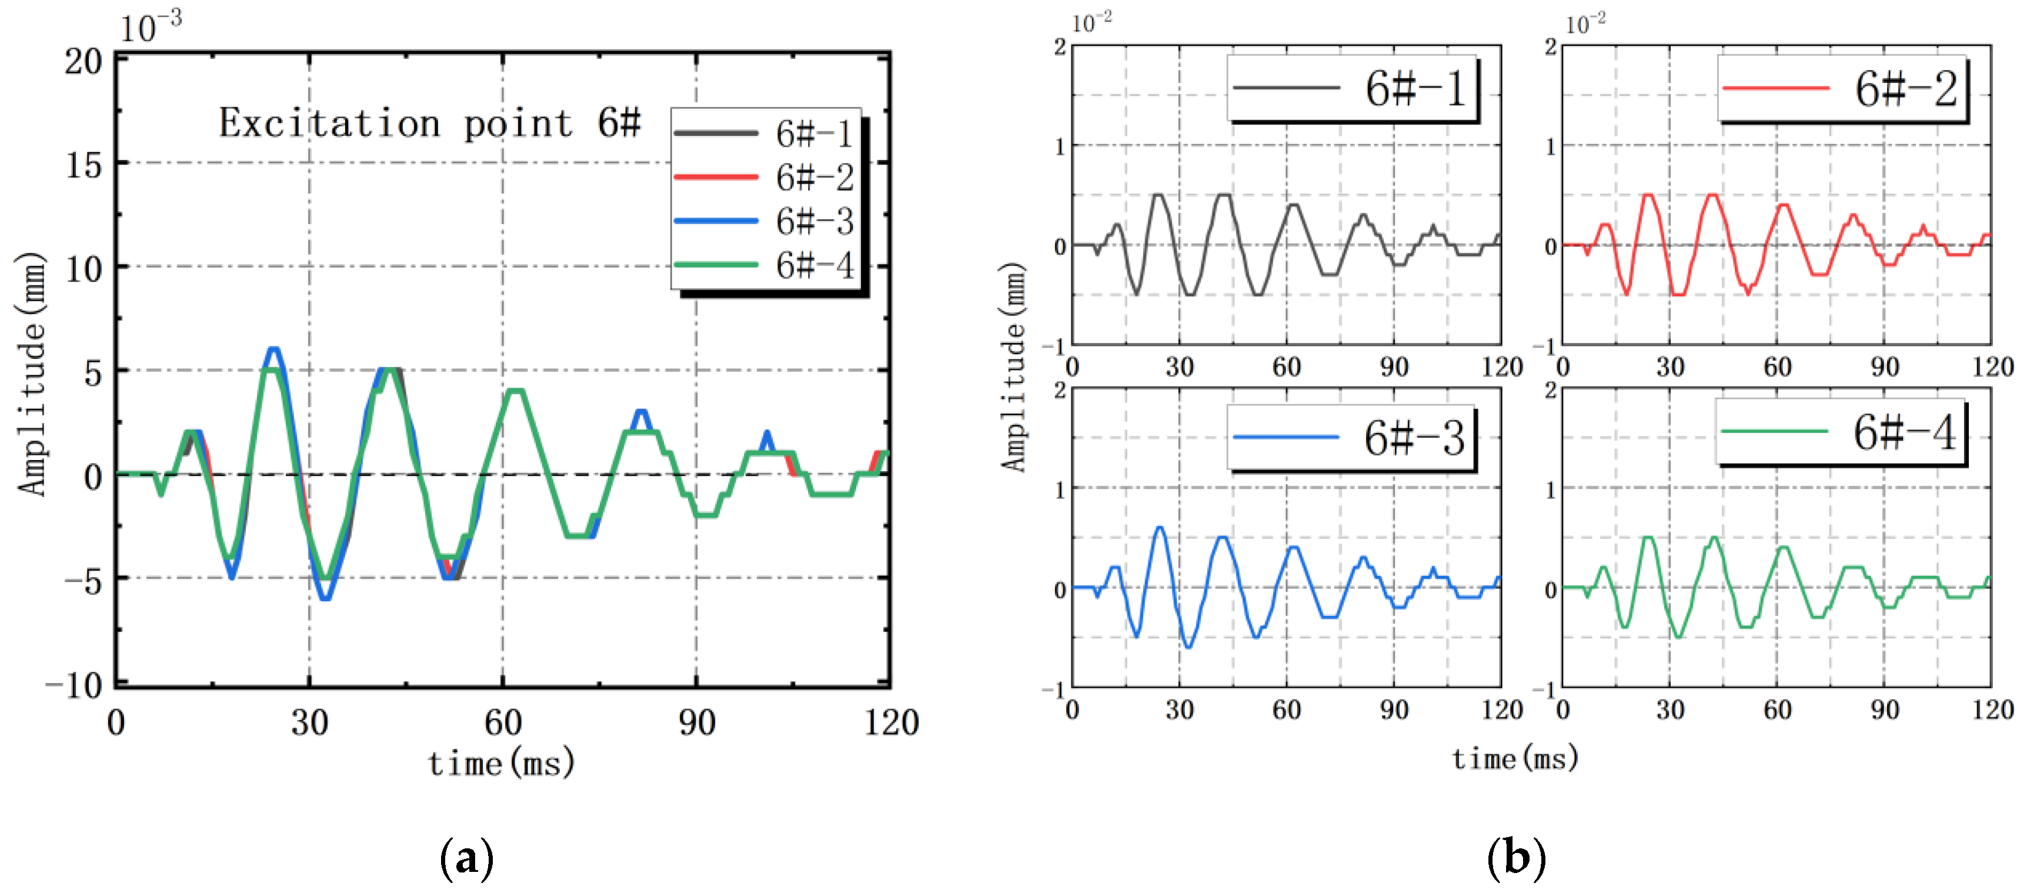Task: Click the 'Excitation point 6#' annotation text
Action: [x=429, y=124]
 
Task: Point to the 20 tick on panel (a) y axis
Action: [x=84, y=61]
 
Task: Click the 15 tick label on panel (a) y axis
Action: [x=84, y=165]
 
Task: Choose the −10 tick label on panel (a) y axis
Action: [x=74, y=685]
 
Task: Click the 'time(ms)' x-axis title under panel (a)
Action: [x=501, y=763]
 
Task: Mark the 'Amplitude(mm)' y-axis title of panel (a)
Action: [x=32, y=374]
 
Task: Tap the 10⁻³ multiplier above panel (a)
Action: [x=150, y=27]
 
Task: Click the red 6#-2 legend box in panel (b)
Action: [x=1842, y=88]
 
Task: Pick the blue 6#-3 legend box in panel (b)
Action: [x=1351, y=437]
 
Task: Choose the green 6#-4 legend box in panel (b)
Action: [x=1840, y=432]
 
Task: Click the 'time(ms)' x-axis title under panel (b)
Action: [x=1515, y=758]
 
